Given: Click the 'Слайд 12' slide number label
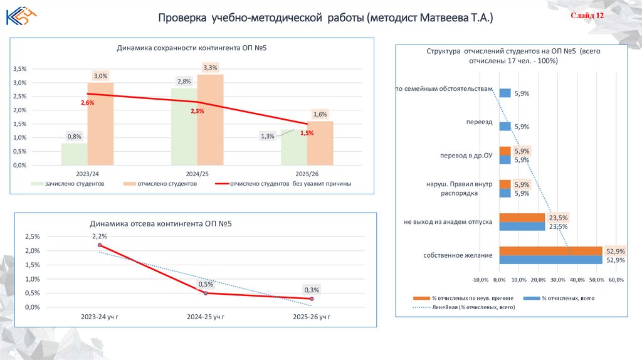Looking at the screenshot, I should click(587, 16).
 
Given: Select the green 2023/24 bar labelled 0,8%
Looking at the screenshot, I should click(74, 154).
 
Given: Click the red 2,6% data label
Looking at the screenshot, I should click(87, 102).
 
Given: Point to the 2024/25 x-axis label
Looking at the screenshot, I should click(197, 174).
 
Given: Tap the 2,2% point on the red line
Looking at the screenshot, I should click(100, 245).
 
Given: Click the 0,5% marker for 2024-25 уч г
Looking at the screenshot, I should click(206, 293).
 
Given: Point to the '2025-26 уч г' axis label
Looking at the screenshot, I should click(312, 317).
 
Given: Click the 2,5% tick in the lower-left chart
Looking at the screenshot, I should click(31, 236).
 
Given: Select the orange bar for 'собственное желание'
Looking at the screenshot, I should click(550, 251).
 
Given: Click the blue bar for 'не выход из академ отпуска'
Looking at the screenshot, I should click(522, 226).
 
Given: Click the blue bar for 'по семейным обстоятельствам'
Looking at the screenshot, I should click(505, 93).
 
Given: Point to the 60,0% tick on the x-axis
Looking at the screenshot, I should click(616, 280).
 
